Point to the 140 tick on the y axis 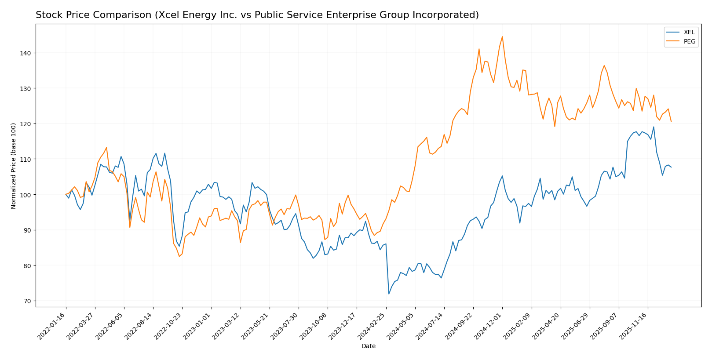tap(28, 53)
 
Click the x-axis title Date tap(368, 346)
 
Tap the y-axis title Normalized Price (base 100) tap(14, 166)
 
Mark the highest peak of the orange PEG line tap(502, 36)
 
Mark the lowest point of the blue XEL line tap(389, 294)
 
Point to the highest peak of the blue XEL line tap(654, 127)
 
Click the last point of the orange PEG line tap(671, 121)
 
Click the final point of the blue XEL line tap(671, 167)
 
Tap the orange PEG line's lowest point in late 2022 tap(179, 256)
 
